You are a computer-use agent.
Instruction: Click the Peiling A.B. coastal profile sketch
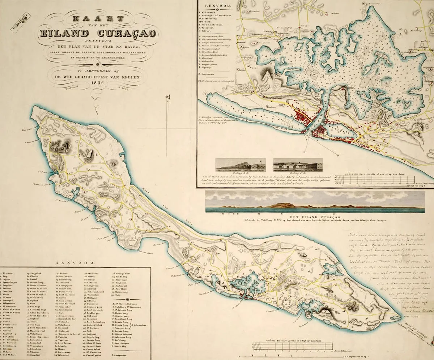coord(241,164)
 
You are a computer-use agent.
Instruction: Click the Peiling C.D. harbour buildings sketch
coord(298,164)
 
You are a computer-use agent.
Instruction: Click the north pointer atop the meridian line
coord(167,97)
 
